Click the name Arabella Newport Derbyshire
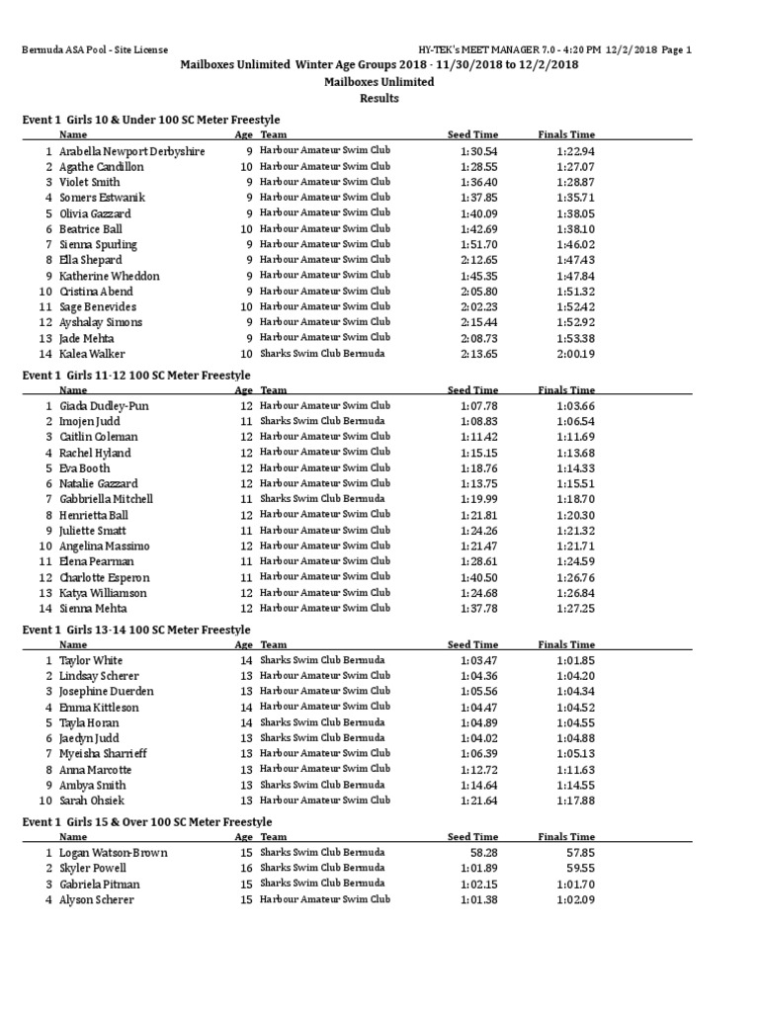tap(132, 151)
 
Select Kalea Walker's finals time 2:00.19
tap(575, 354)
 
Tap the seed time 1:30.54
tap(478, 151)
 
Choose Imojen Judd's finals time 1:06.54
tap(575, 421)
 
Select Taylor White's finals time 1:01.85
tap(575, 660)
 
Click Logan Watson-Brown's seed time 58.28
tap(484, 853)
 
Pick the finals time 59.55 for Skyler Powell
tap(581, 868)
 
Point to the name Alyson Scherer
tap(97, 900)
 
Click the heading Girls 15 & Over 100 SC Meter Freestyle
tap(146, 822)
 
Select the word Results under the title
tap(379, 98)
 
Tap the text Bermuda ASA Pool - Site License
tap(95, 49)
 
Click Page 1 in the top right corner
tap(676, 49)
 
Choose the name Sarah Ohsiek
tap(92, 801)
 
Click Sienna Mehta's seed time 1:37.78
tap(478, 609)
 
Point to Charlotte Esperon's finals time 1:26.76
tap(575, 577)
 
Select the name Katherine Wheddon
tap(109, 276)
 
